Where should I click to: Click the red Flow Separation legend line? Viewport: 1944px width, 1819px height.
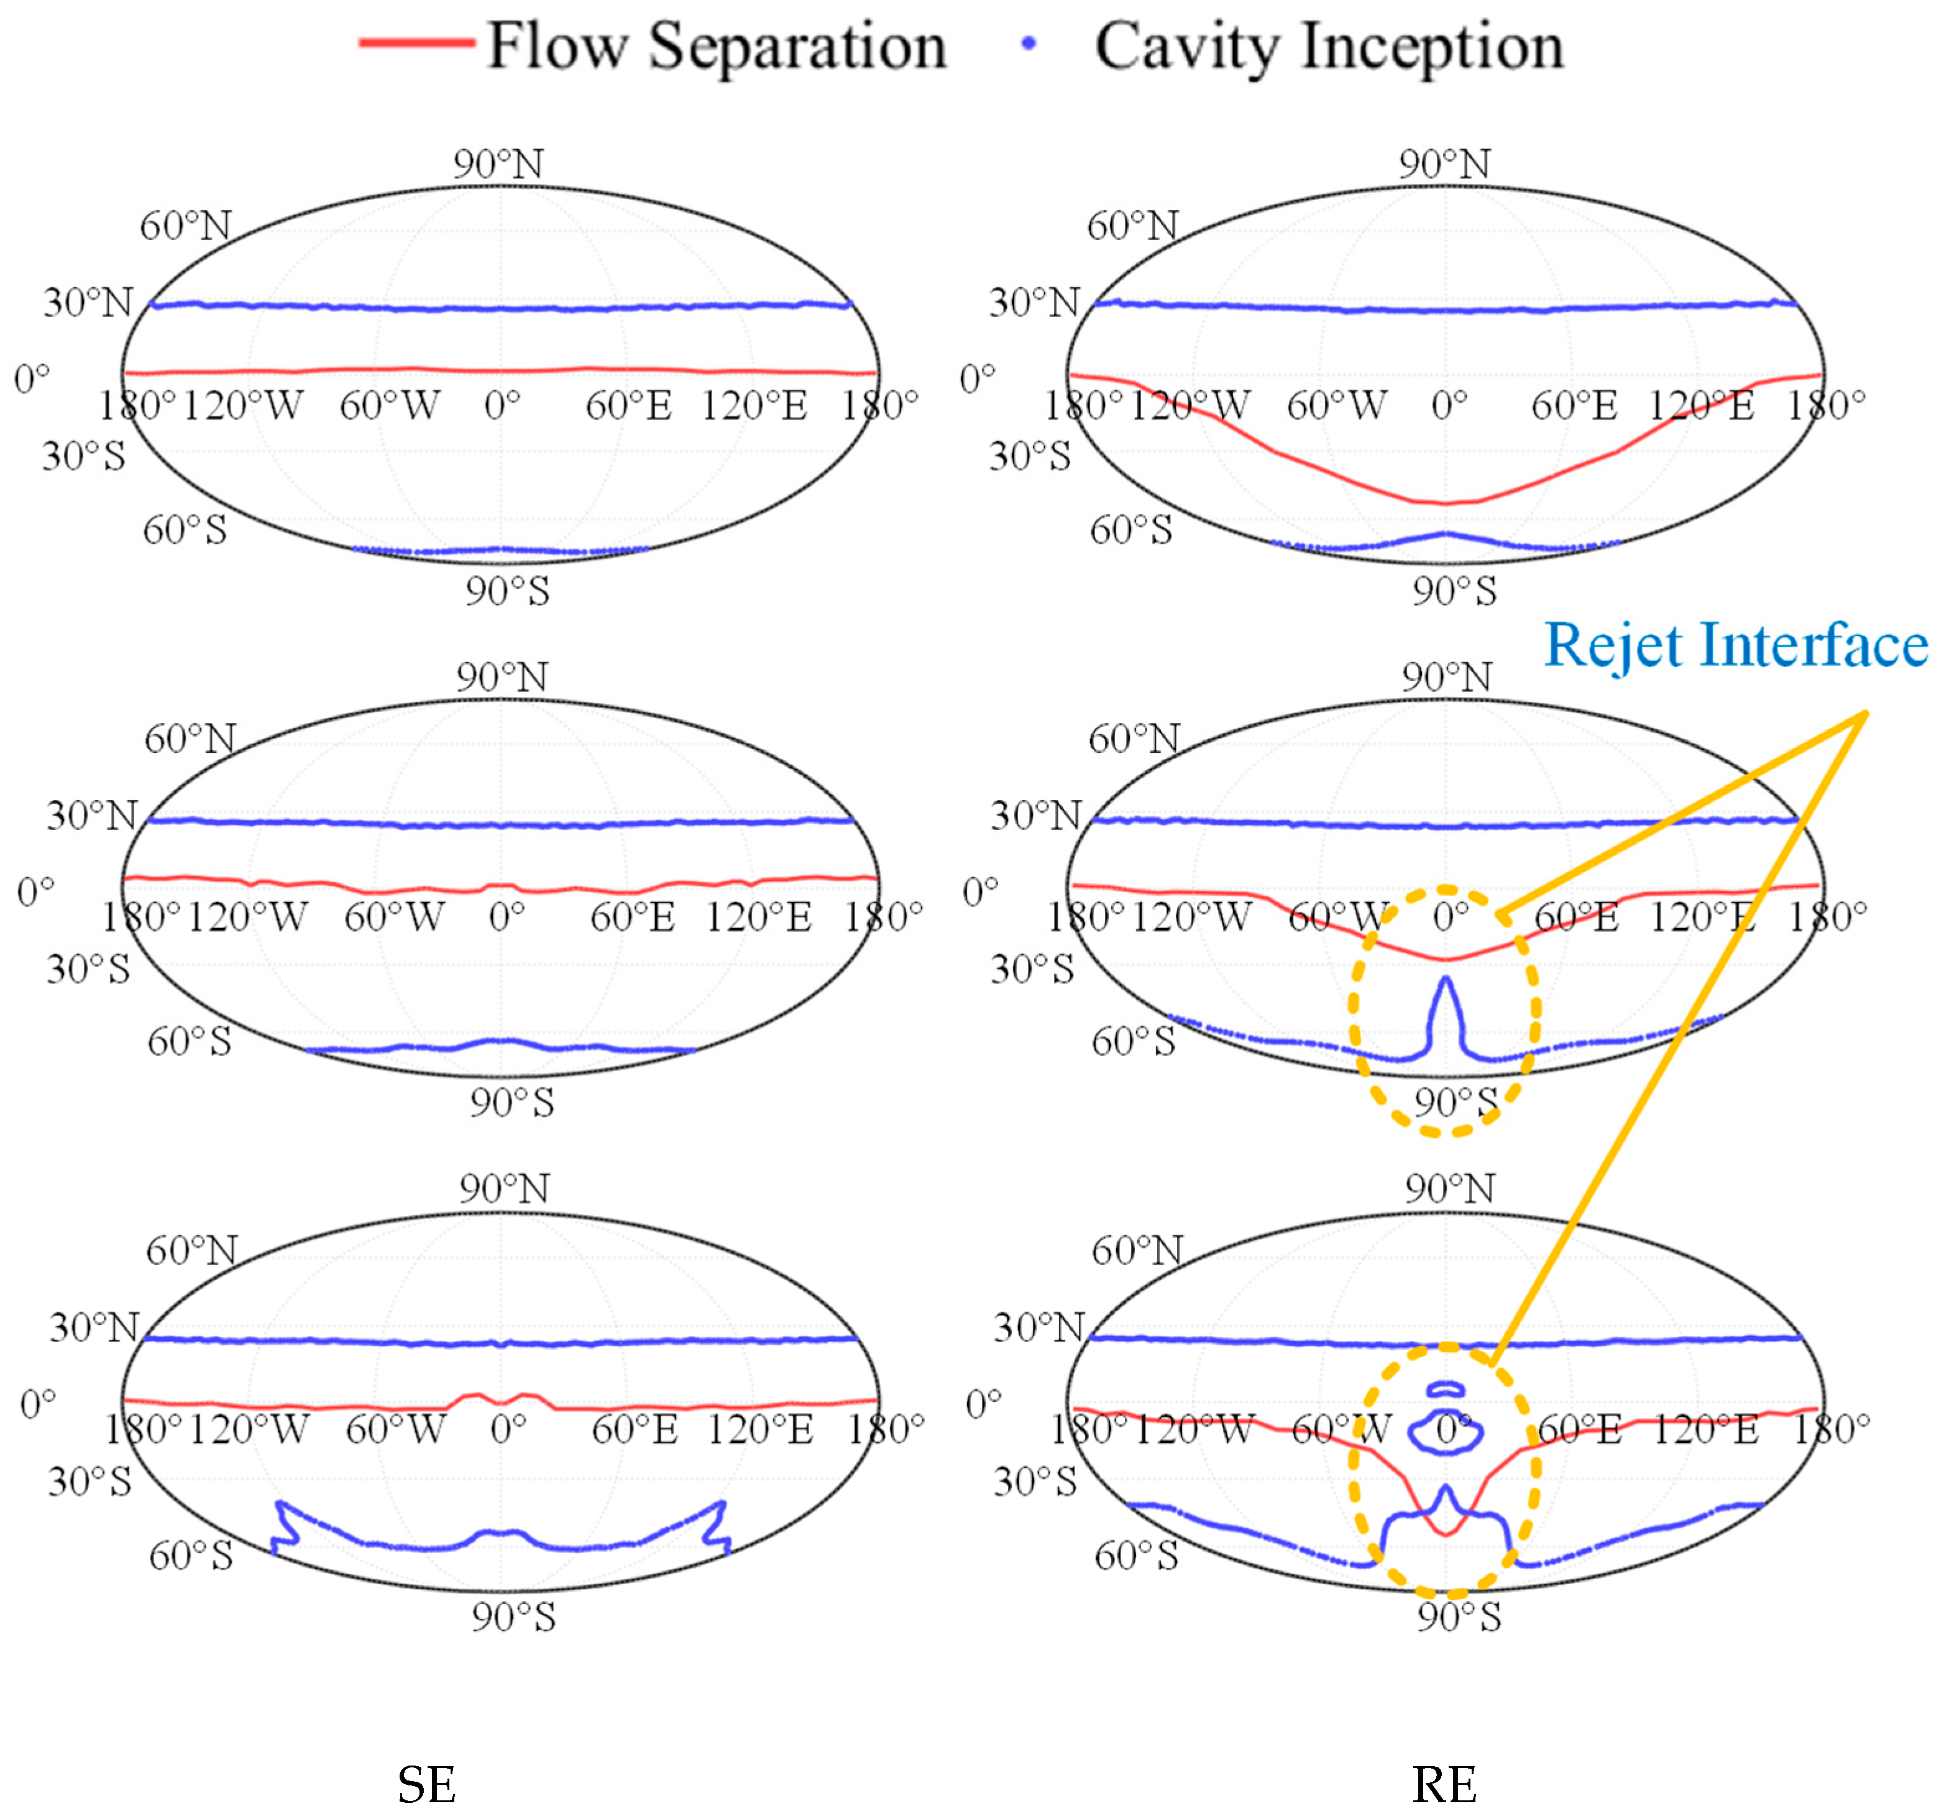coord(418,42)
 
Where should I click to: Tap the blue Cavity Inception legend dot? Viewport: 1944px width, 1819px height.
coord(1028,43)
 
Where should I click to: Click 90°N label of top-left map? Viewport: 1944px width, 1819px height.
coord(498,163)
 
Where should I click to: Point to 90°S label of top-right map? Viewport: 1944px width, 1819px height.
coord(1454,591)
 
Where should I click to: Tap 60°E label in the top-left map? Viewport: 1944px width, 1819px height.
coord(629,405)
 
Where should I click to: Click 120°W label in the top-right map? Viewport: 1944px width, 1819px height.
coord(1190,405)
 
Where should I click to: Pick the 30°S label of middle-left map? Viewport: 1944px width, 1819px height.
coord(88,968)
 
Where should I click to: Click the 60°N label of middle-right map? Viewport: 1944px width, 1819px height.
coord(1134,739)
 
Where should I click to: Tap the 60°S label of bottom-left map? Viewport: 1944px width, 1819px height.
coord(191,1555)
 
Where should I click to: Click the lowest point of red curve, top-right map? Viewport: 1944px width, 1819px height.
coord(1446,504)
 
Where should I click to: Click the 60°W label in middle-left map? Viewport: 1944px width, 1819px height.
coord(394,916)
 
